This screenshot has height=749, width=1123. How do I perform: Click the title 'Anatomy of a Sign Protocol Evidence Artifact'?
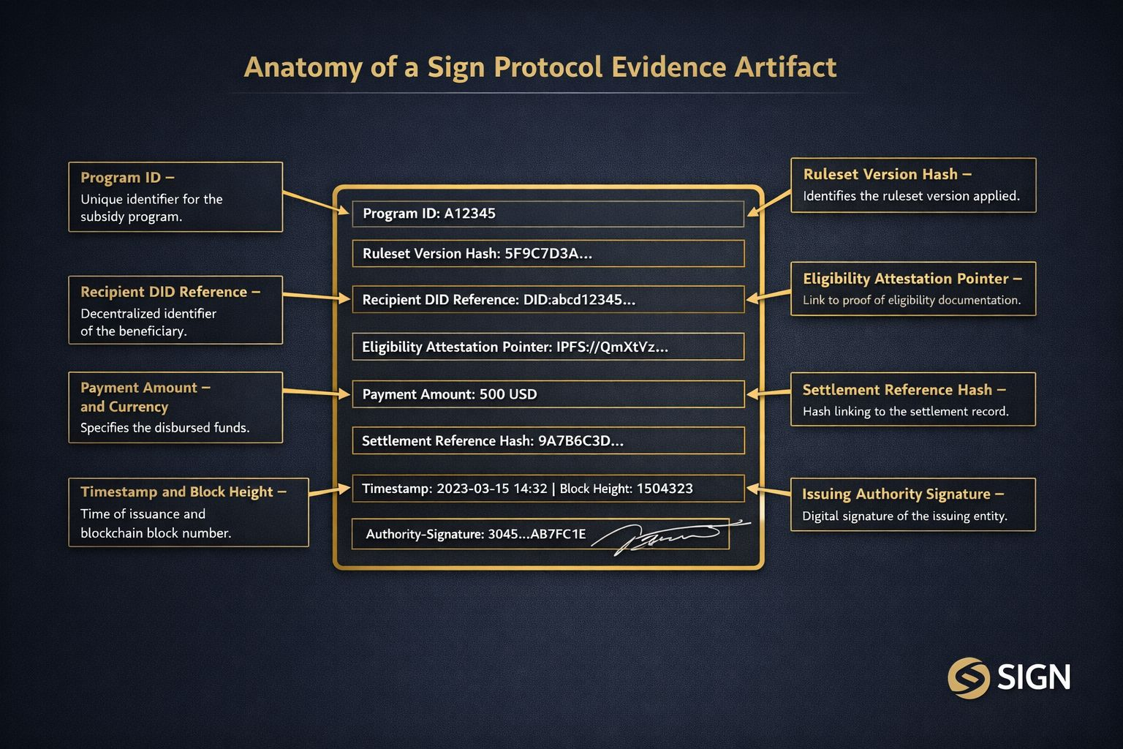[x=540, y=67]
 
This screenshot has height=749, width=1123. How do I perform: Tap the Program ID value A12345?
[x=469, y=214]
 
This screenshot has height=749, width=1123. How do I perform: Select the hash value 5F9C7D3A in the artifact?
[x=548, y=254]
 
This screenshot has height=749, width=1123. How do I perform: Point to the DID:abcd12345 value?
[x=579, y=300]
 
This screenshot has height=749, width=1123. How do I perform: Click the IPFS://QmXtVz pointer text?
[x=612, y=347]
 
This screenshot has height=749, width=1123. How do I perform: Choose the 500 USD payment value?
[x=508, y=394]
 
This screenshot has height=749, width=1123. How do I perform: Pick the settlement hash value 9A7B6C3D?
[x=581, y=441]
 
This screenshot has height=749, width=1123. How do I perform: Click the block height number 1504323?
[x=665, y=489]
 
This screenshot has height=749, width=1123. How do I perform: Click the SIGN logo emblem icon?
[x=969, y=678]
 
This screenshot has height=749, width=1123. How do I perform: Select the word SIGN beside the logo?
[x=1034, y=678]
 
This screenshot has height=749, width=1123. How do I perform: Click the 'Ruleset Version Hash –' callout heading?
[x=887, y=175]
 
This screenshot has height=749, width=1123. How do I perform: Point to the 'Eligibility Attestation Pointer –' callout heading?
[x=912, y=279]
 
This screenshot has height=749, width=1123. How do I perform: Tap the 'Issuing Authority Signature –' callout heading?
[x=903, y=494]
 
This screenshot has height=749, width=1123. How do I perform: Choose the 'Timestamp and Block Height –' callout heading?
[x=183, y=492]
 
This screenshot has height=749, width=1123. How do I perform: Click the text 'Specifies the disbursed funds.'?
[x=165, y=428]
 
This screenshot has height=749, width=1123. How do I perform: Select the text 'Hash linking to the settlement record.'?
[x=905, y=412]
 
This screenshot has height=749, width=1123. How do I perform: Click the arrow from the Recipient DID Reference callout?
[x=317, y=296]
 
